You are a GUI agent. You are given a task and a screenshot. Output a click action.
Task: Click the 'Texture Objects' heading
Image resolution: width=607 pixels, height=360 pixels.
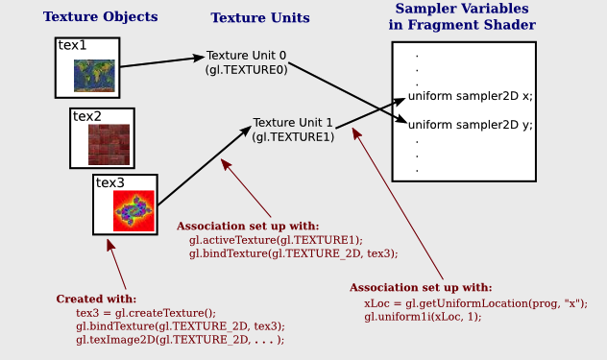[x=100, y=16]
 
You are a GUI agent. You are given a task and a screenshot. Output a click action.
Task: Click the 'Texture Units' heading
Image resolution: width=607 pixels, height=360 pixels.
[x=260, y=17]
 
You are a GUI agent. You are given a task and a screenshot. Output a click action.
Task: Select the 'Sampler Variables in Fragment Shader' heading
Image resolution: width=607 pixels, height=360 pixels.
[x=463, y=16]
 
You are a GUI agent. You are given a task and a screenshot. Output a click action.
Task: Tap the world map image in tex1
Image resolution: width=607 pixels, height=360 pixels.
[x=94, y=75]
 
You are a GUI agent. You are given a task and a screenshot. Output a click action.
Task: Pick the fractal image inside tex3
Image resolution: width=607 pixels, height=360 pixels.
[x=134, y=209]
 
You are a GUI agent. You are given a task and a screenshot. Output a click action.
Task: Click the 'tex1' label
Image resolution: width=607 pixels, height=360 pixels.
[x=72, y=45]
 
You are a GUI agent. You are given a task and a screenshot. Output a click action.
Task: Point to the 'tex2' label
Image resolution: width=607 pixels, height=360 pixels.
[x=87, y=115]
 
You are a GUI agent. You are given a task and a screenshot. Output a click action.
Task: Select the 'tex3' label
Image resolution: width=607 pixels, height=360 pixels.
[x=109, y=182]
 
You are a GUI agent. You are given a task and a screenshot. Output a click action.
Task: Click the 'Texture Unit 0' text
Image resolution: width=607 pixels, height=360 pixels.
[x=246, y=56]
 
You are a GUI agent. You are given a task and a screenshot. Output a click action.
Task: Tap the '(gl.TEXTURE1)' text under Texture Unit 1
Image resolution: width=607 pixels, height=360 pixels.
[x=293, y=137]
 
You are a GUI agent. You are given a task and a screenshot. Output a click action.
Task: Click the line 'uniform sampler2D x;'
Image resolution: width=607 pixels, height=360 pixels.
[x=470, y=96]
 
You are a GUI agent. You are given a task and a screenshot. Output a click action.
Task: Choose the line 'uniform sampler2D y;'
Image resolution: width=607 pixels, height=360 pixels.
[x=470, y=125]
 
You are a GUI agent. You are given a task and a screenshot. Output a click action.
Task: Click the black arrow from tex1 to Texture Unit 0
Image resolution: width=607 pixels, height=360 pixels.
[x=163, y=61]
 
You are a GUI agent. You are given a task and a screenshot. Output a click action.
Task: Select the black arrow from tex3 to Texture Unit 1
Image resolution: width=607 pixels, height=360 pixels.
[x=202, y=167]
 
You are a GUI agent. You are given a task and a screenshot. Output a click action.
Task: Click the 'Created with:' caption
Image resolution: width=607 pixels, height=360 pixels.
[x=96, y=299]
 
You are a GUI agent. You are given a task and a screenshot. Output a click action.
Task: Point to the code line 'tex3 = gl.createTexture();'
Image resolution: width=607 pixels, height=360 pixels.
[x=146, y=313]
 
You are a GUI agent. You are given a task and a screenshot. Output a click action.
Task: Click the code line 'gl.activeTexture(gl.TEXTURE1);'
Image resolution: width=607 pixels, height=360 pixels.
[x=276, y=240]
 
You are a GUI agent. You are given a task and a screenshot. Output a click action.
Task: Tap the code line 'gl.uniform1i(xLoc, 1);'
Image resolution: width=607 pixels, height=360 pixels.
[x=423, y=316]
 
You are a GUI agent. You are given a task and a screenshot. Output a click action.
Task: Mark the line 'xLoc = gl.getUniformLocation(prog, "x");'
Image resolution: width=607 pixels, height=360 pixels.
[x=475, y=302]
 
